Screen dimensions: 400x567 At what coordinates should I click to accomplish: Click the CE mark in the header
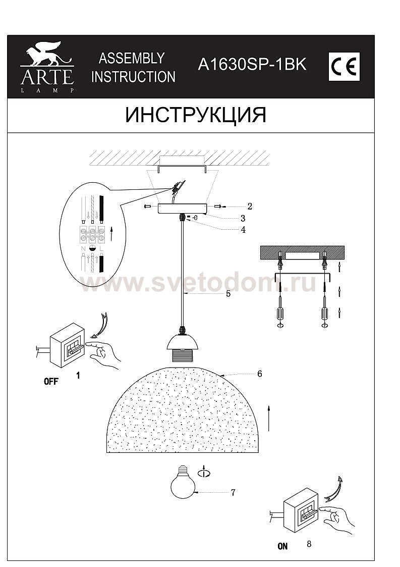click(344, 67)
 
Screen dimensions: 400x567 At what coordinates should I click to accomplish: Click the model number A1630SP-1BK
click(252, 65)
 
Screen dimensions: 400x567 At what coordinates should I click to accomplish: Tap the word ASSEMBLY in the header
click(132, 58)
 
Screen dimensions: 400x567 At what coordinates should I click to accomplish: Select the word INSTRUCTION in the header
click(133, 77)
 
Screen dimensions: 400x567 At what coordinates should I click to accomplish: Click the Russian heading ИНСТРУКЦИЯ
click(196, 115)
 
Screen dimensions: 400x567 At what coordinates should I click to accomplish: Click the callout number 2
click(250, 207)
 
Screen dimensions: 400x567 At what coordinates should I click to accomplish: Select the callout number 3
click(243, 218)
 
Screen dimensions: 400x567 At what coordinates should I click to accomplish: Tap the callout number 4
click(243, 229)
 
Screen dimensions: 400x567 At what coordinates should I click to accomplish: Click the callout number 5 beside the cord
click(228, 294)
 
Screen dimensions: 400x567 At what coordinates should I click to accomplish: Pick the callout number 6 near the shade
click(260, 374)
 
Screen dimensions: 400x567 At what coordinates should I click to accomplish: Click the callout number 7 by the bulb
click(233, 492)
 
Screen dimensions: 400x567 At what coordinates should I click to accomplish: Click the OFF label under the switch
click(51, 381)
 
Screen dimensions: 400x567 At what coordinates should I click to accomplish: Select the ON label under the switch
click(283, 546)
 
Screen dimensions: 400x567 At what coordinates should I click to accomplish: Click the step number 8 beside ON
click(309, 544)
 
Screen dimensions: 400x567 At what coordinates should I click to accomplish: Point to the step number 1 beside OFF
click(78, 375)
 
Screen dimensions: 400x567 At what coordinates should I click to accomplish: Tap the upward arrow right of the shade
click(269, 418)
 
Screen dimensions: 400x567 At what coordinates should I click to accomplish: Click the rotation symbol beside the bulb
click(204, 472)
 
